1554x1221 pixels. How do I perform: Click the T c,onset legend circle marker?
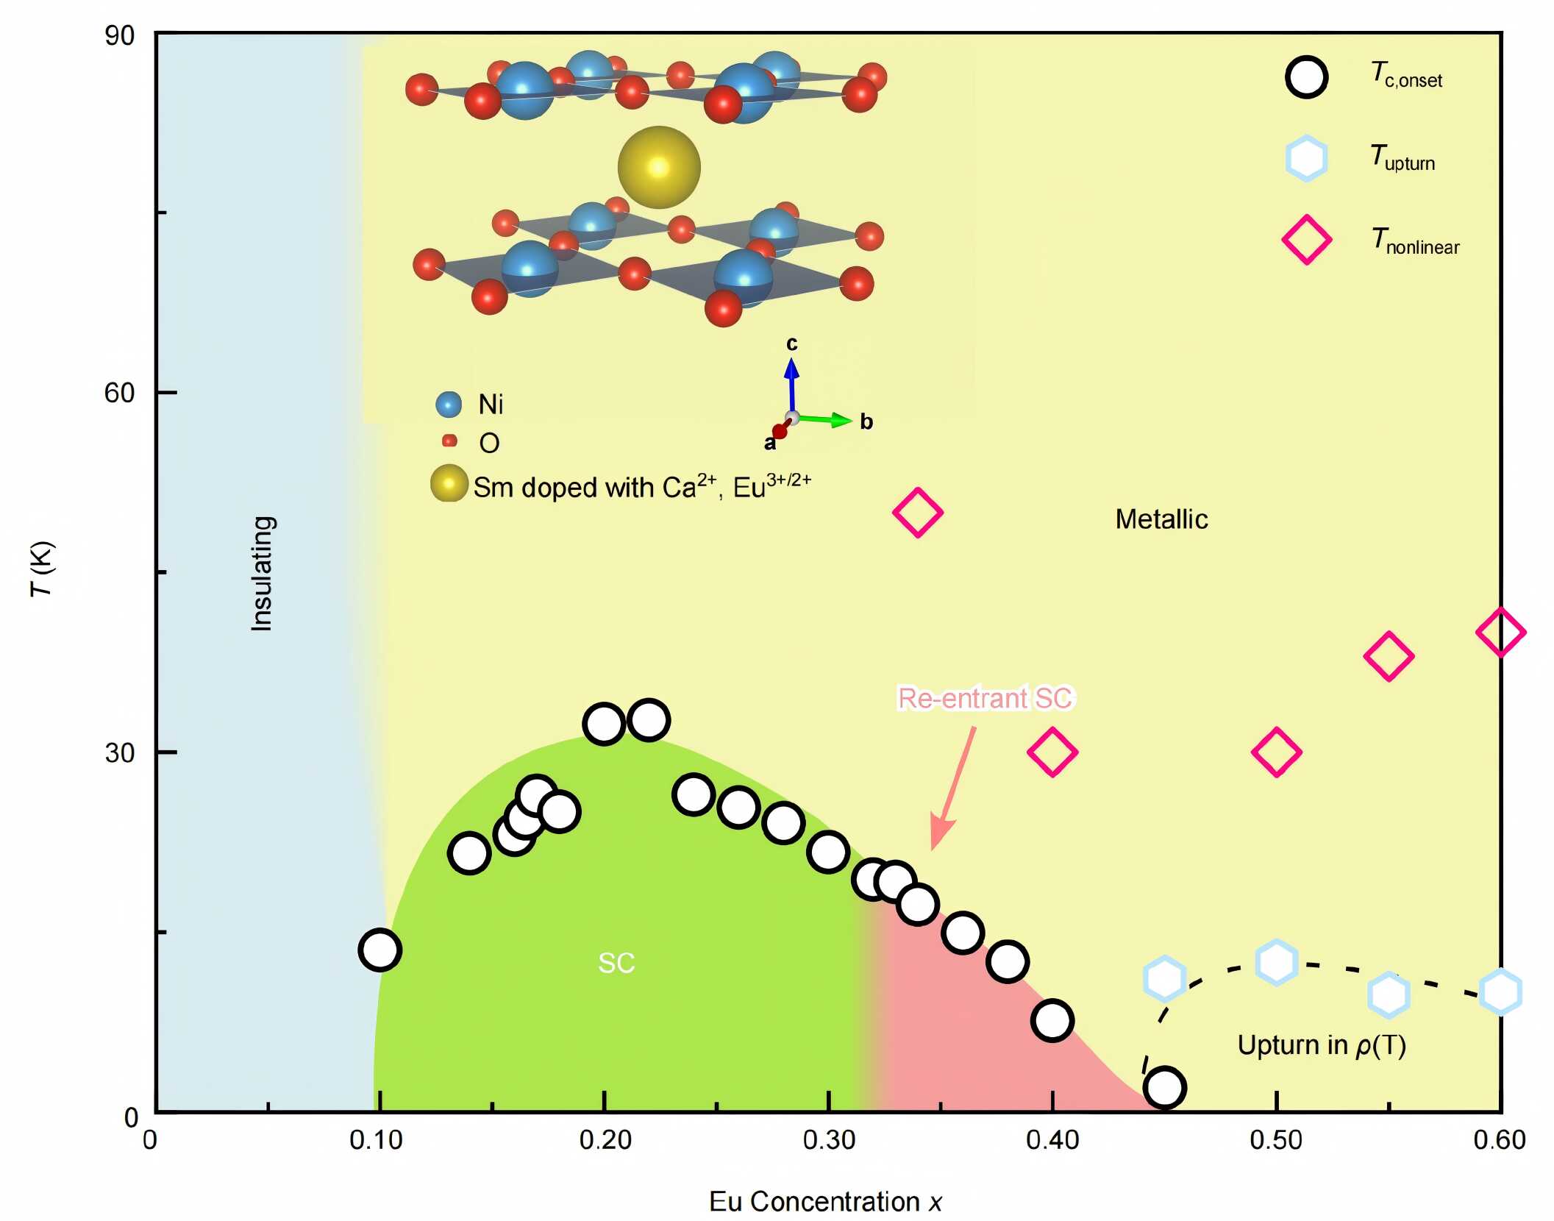pyautogui.click(x=1306, y=77)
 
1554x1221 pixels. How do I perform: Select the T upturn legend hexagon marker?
pyautogui.click(x=1306, y=158)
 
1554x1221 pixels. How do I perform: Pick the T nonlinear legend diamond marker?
pyautogui.click(x=1306, y=240)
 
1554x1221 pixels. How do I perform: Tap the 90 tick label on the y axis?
pyautogui.click(x=119, y=35)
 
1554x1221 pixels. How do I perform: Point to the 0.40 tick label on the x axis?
pyautogui.click(x=1052, y=1140)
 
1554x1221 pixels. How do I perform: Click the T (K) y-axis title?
pyautogui.click(x=42, y=569)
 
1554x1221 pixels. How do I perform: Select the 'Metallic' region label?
pyautogui.click(x=1161, y=519)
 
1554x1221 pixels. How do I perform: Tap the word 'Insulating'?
pyautogui.click(x=263, y=573)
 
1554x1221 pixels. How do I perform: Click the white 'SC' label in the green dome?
pyautogui.click(x=616, y=963)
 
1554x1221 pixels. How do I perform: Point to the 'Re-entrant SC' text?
pyautogui.click(x=986, y=698)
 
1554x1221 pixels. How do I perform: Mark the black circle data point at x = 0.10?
pyautogui.click(x=379, y=950)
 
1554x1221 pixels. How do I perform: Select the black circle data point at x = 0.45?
pyautogui.click(x=1164, y=1087)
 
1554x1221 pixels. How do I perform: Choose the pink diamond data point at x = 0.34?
pyautogui.click(x=917, y=512)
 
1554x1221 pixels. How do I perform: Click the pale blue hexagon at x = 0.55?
pyautogui.click(x=1388, y=995)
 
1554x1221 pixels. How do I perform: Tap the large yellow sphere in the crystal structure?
pyautogui.click(x=659, y=167)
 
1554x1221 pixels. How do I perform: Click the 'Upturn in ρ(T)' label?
pyautogui.click(x=1321, y=1045)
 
